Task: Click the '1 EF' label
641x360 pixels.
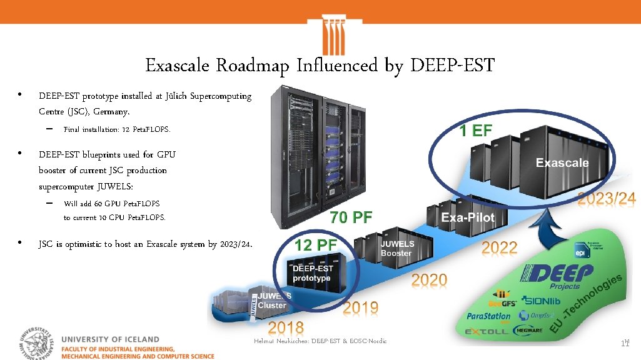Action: [x=476, y=131]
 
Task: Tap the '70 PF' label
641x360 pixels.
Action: [x=351, y=217]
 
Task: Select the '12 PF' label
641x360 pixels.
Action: [x=316, y=244]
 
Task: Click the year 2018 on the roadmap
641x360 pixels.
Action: [x=286, y=327]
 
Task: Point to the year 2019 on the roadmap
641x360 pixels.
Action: [x=361, y=307]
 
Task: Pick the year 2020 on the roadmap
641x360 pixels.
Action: [x=429, y=279]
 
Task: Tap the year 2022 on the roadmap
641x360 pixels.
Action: [x=499, y=247]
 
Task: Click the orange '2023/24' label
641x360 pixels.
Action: [x=606, y=199]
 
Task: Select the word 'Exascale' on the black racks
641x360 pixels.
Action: [x=562, y=163]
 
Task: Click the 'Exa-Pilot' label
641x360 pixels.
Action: [x=468, y=217]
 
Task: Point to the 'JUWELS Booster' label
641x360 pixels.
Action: [x=397, y=248]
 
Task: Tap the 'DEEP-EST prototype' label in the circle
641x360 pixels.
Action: [x=313, y=273]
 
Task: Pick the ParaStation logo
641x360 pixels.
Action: [x=489, y=316]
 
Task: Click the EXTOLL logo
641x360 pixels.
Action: [x=487, y=331]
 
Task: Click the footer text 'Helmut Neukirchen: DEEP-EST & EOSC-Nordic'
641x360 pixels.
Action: [x=320, y=341]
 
